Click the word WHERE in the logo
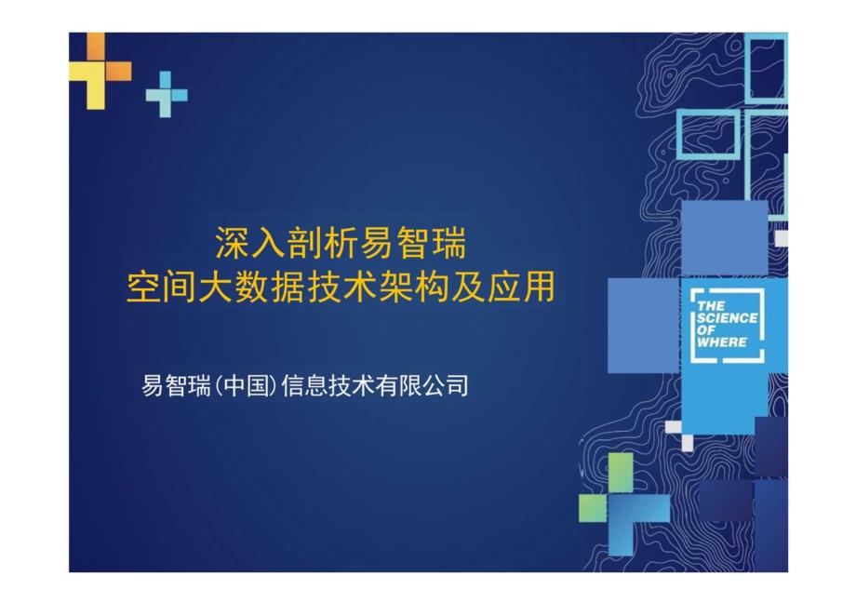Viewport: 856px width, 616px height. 722,342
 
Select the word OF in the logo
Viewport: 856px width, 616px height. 704,330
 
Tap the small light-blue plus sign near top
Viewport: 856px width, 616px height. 166,94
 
